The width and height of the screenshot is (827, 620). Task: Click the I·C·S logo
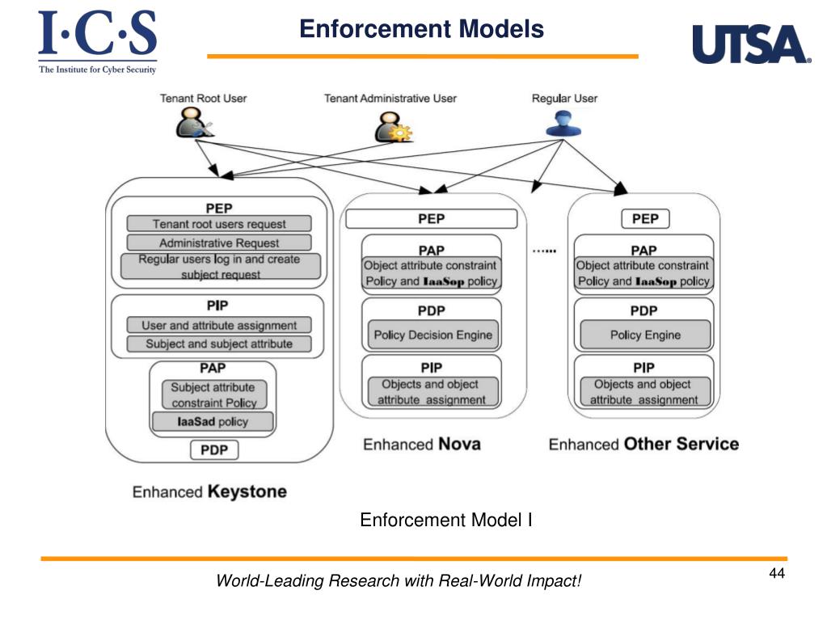point(98,42)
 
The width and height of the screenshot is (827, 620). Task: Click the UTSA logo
point(751,44)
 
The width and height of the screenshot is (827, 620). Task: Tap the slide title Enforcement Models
point(421,29)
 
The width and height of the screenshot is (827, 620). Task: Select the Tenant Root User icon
point(194,122)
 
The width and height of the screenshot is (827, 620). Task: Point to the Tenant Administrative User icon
point(394,127)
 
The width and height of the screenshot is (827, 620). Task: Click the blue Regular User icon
point(563,124)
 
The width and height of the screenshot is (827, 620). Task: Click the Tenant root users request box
point(219,224)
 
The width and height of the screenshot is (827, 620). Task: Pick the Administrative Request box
point(219,243)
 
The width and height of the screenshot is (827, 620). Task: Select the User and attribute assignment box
point(219,325)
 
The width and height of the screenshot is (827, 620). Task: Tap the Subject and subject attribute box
point(219,344)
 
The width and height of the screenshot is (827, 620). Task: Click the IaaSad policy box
point(213,422)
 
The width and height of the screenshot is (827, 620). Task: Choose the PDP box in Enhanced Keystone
point(214,450)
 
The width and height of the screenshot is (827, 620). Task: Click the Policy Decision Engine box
point(433,335)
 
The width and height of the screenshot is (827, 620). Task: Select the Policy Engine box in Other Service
point(645,335)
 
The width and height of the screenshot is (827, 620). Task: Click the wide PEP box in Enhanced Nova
point(432,219)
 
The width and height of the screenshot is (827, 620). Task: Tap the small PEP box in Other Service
point(645,219)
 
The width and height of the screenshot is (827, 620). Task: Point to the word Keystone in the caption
point(247,492)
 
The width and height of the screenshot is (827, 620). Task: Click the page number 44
point(777,573)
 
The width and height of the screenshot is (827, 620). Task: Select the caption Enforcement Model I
point(445,520)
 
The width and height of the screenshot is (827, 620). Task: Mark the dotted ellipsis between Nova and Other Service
point(544,251)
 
